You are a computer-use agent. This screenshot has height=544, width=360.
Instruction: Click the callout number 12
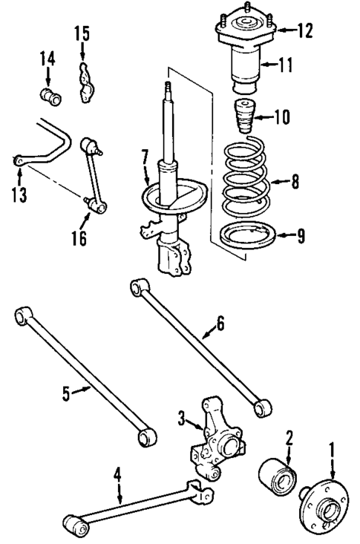tap(304, 31)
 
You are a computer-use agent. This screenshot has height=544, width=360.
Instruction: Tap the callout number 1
tap(332, 448)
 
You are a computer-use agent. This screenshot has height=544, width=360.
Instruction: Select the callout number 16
tap(79, 237)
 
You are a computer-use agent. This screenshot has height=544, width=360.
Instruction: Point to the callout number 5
tap(65, 394)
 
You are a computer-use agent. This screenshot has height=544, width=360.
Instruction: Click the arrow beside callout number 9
tap(285, 237)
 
